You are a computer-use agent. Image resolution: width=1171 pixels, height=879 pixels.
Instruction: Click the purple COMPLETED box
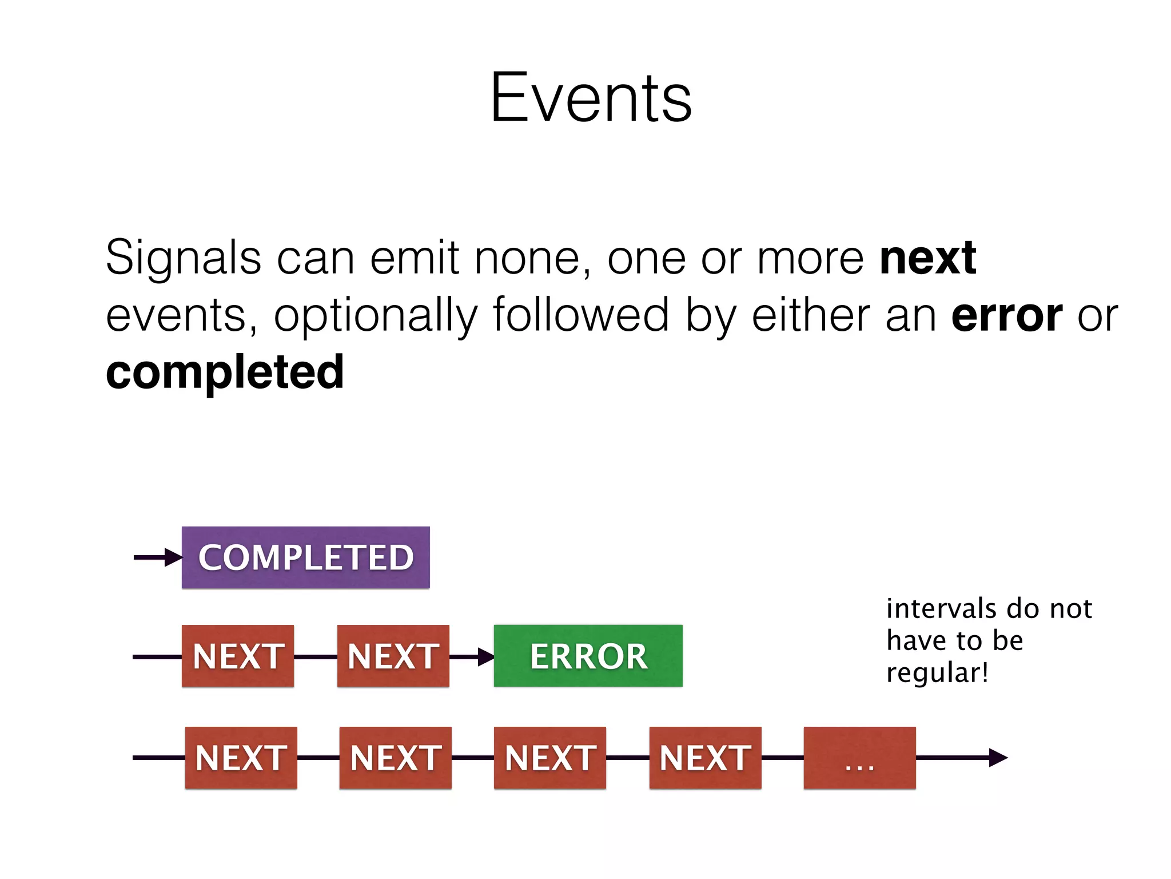(x=305, y=557)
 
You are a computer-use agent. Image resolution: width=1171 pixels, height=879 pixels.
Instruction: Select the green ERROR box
(x=588, y=656)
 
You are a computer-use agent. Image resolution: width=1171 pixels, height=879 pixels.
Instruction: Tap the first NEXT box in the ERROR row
(x=238, y=656)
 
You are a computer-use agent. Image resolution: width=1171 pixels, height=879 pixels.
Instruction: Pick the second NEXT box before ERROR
(x=393, y=656)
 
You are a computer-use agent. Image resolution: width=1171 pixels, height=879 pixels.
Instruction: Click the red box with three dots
(x=859, y=758)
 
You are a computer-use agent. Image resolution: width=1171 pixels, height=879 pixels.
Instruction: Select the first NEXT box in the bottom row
(x=241, y=758)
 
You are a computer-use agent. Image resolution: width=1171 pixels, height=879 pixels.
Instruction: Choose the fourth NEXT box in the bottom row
(x=705, y=758)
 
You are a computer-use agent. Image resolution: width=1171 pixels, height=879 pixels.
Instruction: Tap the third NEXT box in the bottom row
(x=549, y=758)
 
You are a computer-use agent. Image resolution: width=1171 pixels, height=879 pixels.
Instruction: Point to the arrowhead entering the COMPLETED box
(x=173, y=557)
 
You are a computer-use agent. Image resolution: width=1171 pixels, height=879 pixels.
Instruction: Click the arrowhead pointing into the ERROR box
(x=485, y=656)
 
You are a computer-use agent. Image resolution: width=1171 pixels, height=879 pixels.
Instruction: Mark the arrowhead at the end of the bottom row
(x=997, y=758)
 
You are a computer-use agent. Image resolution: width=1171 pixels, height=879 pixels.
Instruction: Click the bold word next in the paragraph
(x=927, y=258)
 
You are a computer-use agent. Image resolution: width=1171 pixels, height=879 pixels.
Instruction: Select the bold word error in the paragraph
(x=1006, y=315)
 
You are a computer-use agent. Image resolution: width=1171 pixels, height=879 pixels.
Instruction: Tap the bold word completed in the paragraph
(x=225, y=373)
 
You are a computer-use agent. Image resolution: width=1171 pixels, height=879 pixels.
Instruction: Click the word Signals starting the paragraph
(x=184, y=258)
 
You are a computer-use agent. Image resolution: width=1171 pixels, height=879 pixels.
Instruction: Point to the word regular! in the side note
(x=937, y=672)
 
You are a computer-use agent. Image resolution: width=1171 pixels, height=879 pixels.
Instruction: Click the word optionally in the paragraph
(x=375, y=315)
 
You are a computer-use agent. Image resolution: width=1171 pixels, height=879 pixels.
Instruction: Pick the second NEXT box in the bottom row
(x=395, y=758)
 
